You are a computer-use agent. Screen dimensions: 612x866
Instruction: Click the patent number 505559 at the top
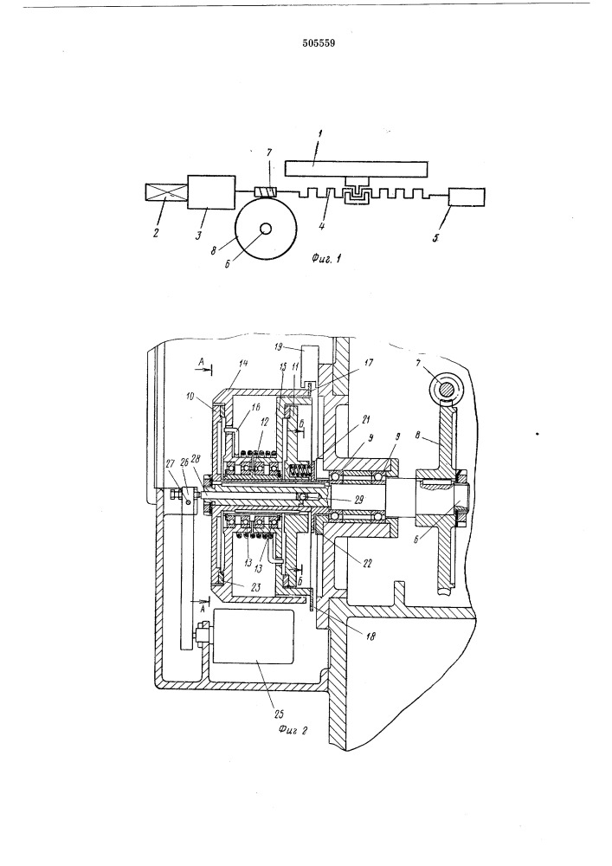(x=319, y=43)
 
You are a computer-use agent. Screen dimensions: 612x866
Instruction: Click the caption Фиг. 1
(x=325, y=257)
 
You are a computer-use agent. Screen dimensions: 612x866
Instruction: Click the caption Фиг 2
(x=293, y=730)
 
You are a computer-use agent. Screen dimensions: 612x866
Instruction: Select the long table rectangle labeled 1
(x=357, y=169)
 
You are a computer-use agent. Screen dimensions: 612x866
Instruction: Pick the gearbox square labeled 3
(x=212, y=192)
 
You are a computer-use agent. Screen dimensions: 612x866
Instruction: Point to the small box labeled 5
(x=467, y=197)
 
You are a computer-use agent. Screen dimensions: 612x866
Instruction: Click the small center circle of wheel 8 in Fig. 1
(x=266, y=228)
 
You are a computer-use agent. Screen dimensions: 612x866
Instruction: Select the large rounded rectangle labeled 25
(x=253, y=637)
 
